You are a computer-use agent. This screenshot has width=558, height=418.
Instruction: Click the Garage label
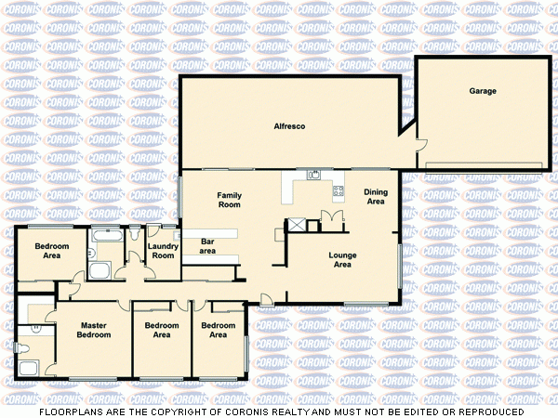click(x=482, y=91)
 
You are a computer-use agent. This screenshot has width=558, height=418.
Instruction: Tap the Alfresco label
click(x=290, y=124)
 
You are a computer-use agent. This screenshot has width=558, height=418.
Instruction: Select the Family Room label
click(x=229, y=200)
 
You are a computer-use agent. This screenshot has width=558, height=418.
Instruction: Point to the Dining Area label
click(x=376, y=197)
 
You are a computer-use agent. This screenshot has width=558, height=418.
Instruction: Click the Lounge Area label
click(x=342, y=259)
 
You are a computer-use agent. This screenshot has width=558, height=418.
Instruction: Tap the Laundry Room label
click(x=164, y=251)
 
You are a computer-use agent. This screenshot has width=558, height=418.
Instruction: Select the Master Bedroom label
click(x=94, y=330)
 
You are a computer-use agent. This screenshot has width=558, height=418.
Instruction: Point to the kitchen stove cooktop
click(x=339, y=190)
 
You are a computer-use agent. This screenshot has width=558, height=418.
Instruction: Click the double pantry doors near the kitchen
click(x=330, y=218)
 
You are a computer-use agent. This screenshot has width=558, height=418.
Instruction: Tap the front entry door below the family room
click(x=266, y=299)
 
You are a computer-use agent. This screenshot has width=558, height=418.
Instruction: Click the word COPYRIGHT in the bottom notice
click(x=186, y=411)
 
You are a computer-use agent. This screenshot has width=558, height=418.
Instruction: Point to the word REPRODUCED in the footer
click(x=486, y=411)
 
